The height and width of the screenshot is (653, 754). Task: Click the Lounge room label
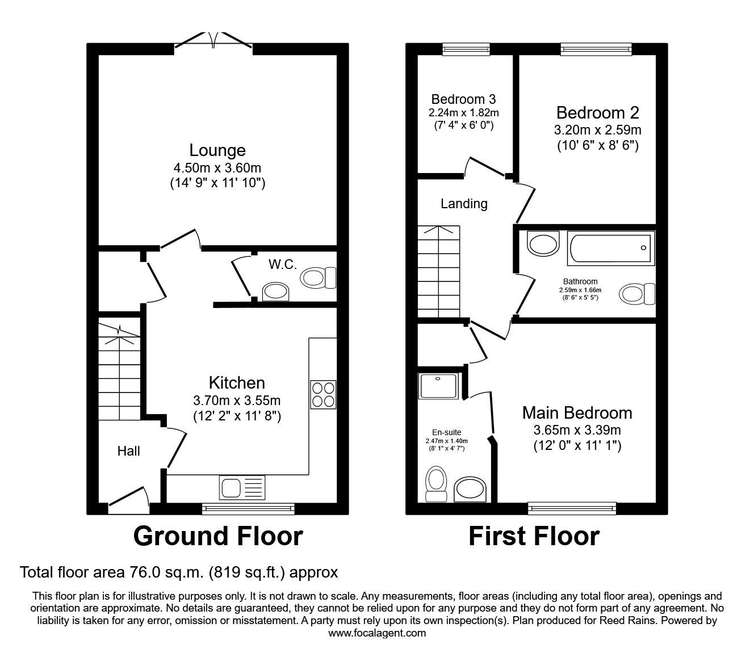(217, 150)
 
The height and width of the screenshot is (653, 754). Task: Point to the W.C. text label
(282, 264)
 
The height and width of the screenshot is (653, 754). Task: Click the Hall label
(128, 451)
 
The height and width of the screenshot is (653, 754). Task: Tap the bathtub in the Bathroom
(611, 248)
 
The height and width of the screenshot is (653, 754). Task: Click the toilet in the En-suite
(436, 483)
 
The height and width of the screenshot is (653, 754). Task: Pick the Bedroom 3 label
(463, 99)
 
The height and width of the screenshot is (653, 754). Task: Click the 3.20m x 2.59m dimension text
(597, 130)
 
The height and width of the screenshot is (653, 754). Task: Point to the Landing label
(464, 203)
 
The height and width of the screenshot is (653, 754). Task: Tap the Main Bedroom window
(572, 508)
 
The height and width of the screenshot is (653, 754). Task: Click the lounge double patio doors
(213, 41)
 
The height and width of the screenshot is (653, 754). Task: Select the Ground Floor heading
(218, 536)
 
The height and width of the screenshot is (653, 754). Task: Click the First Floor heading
(534, 536)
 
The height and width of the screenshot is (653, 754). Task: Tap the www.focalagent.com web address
(377, 633)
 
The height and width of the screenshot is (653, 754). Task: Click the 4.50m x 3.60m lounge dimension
(217, 168)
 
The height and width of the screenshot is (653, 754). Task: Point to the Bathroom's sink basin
(543, 244)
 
